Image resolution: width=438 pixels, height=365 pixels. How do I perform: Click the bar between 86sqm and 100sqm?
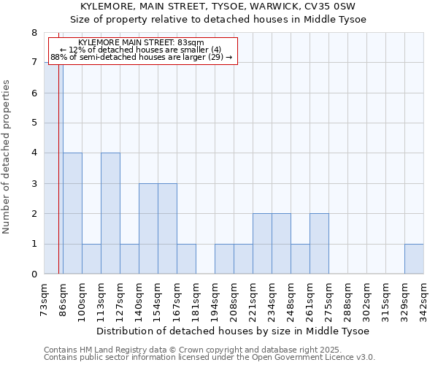point(72,213)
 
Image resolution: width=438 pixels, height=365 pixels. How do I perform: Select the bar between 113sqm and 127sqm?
point(110,213)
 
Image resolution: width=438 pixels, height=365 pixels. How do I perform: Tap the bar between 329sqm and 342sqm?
point(414,258)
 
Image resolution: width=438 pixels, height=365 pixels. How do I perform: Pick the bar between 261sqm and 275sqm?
point(319,244)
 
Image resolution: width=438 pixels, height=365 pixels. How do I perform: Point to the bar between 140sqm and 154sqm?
point(148,228)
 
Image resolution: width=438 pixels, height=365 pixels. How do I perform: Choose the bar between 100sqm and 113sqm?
point(91,258)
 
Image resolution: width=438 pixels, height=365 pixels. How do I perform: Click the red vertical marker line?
point(58,182)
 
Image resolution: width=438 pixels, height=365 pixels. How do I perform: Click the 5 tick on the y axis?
point(34,123)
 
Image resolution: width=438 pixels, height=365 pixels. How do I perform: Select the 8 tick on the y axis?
point(34,33)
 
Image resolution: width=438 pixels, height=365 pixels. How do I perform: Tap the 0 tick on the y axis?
point(34,274)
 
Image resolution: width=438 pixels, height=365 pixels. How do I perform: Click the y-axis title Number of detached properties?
point(7,157)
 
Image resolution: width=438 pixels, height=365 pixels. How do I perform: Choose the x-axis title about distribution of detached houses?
point(233,331)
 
